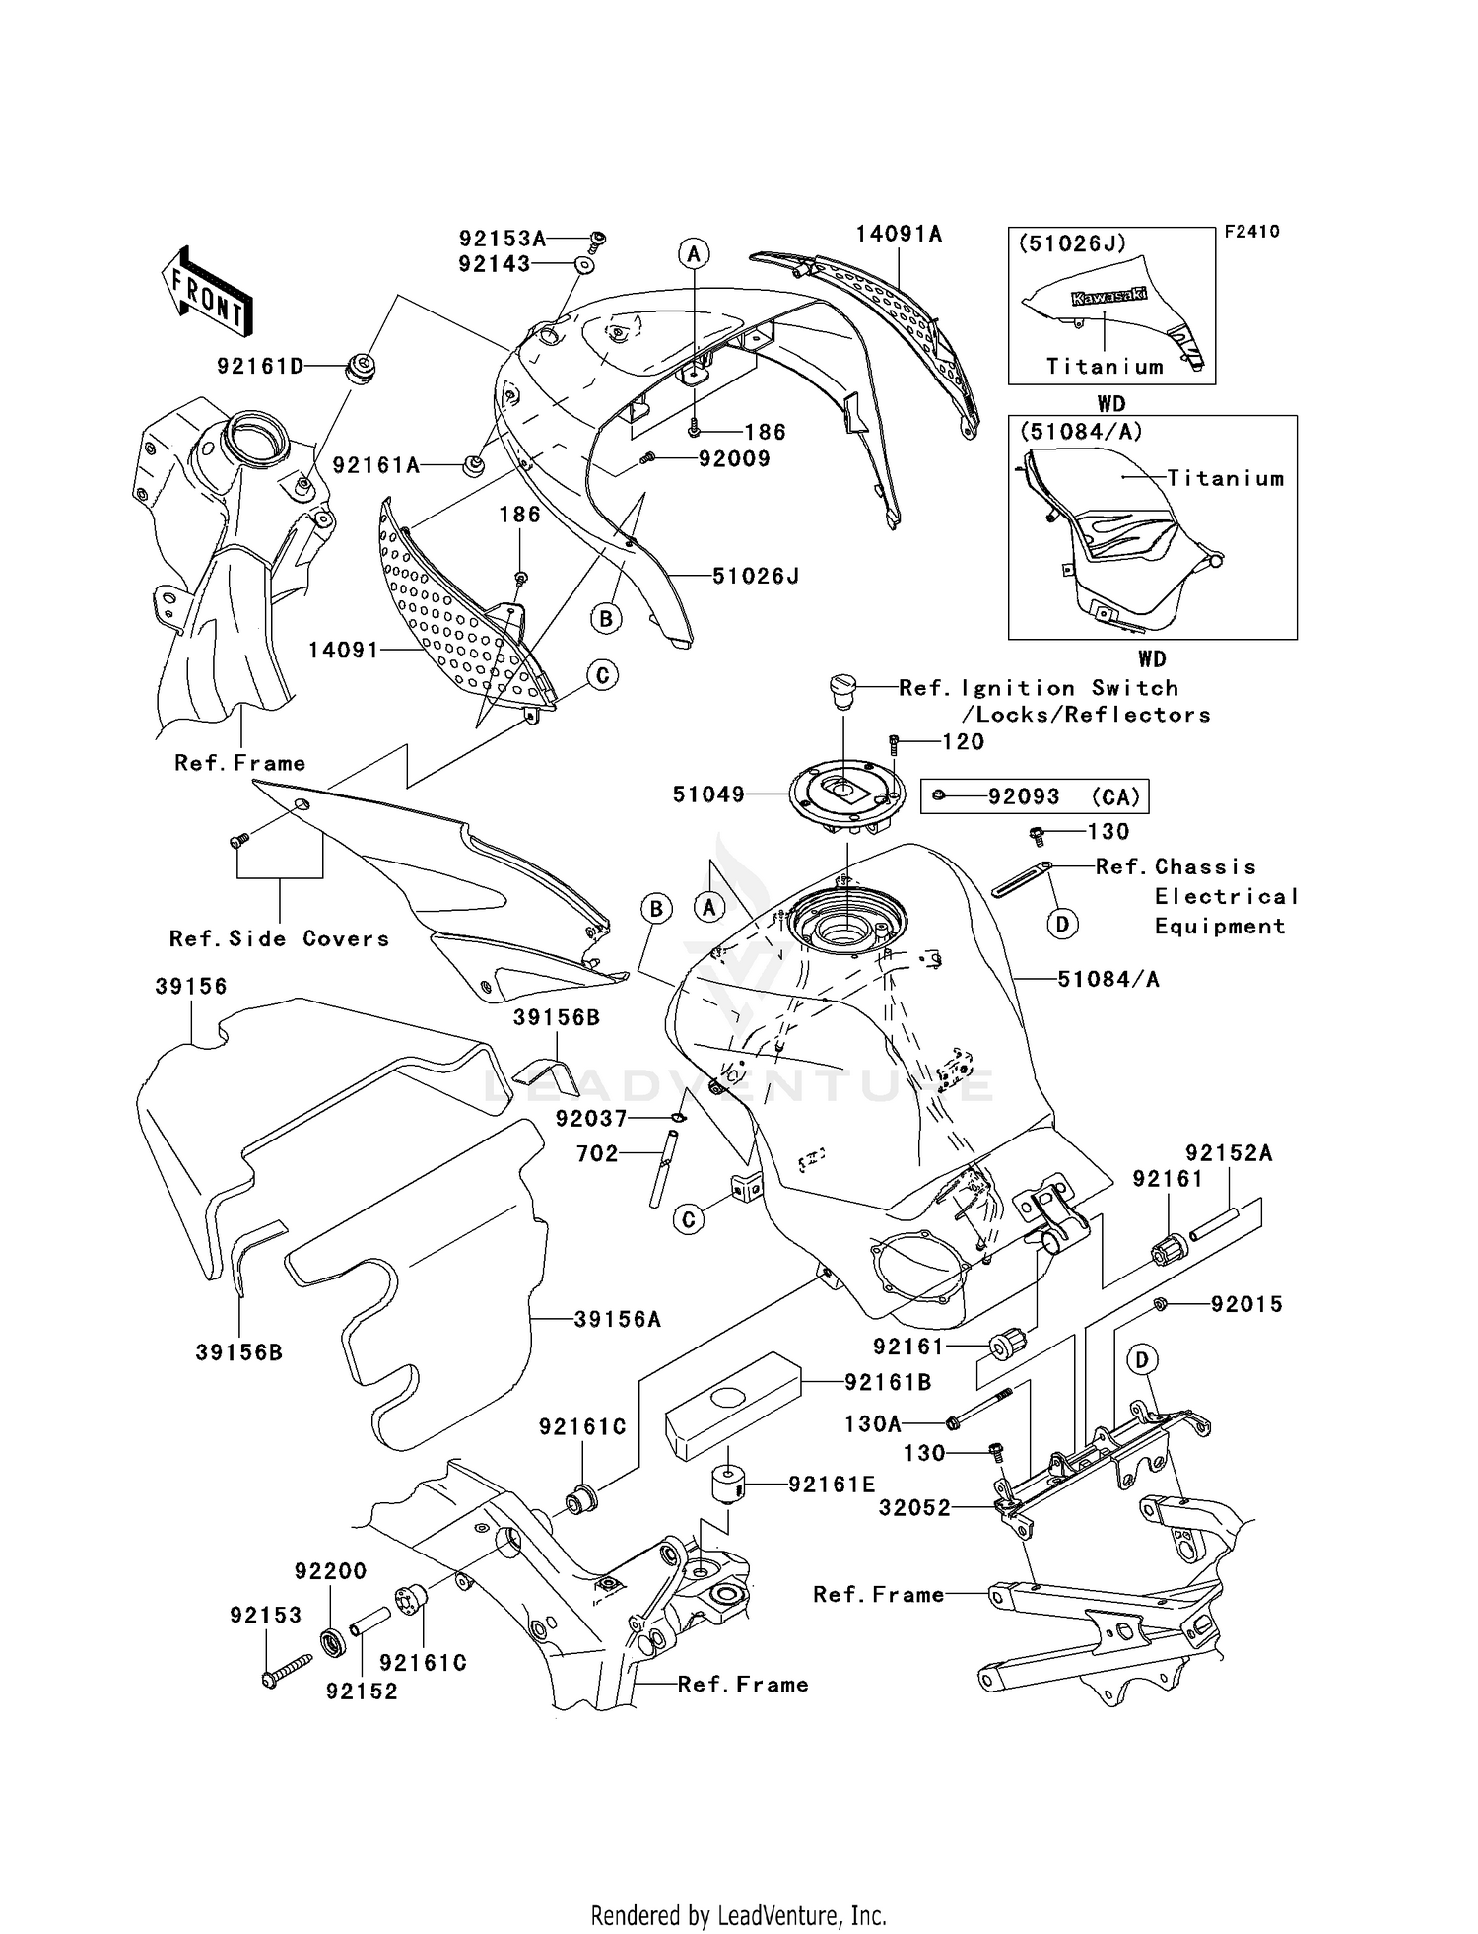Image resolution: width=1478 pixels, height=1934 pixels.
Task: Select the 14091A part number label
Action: (898, 234)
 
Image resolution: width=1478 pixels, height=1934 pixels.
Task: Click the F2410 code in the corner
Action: (1251, 232)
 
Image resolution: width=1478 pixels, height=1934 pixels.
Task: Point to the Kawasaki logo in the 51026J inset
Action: (1108, 297)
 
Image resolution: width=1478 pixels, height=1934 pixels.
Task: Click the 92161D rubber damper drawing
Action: (361, 367)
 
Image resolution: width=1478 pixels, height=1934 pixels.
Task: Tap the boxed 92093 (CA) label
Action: (1035, 796)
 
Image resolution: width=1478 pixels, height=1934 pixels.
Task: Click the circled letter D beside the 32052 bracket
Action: (1142, 1360)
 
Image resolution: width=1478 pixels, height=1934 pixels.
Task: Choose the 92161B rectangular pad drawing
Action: (731, 1404)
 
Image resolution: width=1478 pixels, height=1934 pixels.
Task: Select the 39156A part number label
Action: (617, 1319)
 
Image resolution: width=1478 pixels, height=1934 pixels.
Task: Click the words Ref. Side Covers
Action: (280, 938)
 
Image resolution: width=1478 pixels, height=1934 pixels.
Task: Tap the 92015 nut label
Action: (1246, 1304)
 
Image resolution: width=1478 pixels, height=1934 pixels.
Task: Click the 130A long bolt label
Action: (873, 1423)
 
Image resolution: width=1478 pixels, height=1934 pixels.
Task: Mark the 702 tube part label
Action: (597, 1153)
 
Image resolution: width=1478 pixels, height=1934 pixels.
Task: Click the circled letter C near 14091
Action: (602, 675)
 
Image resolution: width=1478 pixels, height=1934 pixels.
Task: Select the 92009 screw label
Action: (734, 458)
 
